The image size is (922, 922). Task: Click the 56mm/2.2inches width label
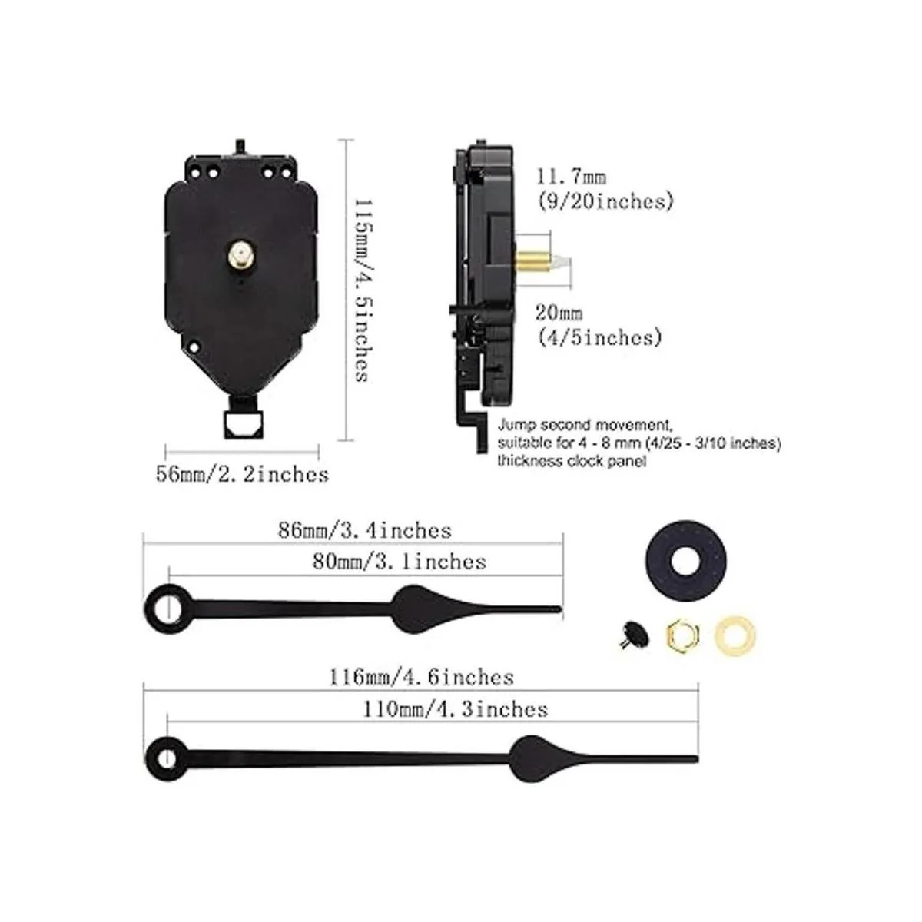coord(242,474)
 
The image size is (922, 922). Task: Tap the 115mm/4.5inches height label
coord(364,290)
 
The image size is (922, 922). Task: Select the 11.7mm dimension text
coord(572,177)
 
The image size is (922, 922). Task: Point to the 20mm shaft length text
coord(559,313)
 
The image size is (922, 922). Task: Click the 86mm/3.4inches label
coord(365,531)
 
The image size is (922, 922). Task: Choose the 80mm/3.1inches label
coord(400,562)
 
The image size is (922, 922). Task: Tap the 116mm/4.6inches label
coord(422,678)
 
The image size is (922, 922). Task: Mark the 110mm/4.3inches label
coord(455,709)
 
